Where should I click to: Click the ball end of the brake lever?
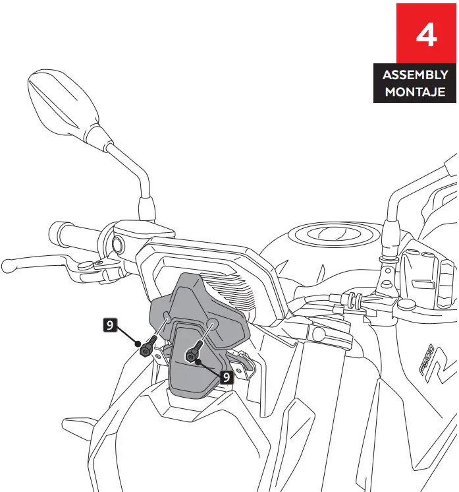tap(8, 266)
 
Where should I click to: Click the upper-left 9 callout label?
tap(111, 324)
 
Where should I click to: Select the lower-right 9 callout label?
tap(226, 377)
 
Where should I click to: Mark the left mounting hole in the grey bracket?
tap(167, 319)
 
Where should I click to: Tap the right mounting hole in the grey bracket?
tap(213, 324)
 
